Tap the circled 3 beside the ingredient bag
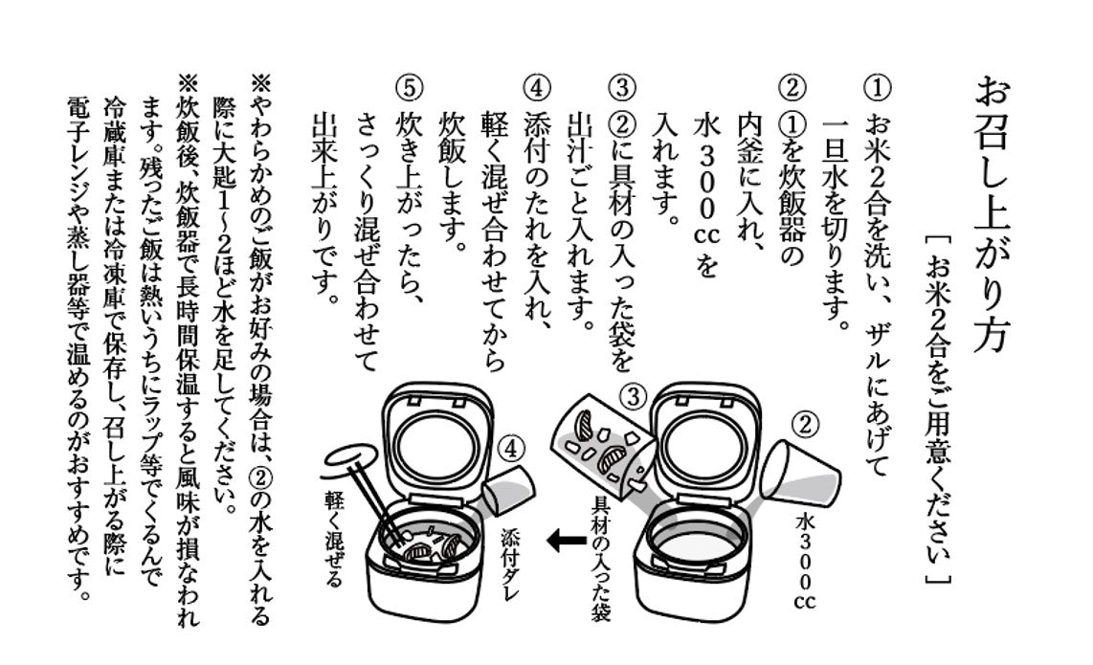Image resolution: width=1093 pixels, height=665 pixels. tap(633, 395)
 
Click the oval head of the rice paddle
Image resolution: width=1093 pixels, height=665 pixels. tap(346, 456)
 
